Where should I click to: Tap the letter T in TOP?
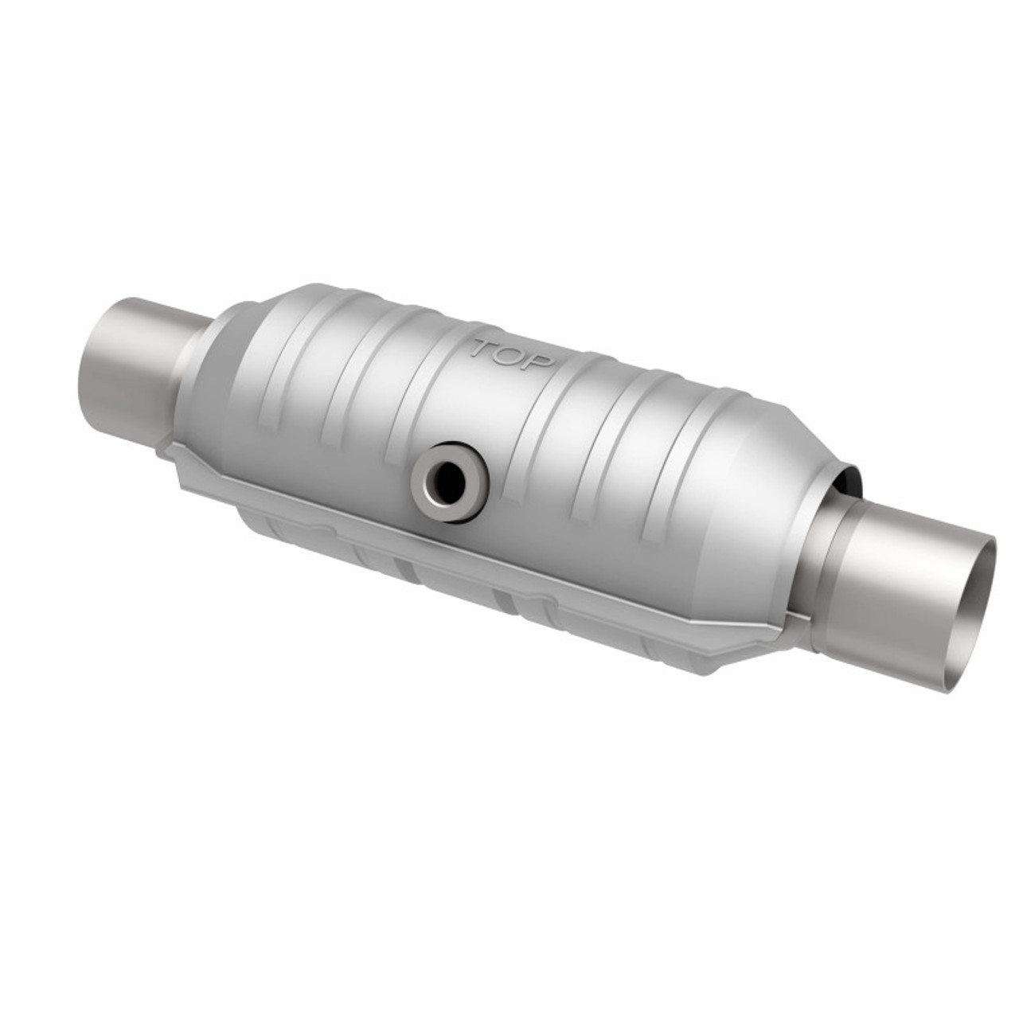(x=483, y=349)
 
